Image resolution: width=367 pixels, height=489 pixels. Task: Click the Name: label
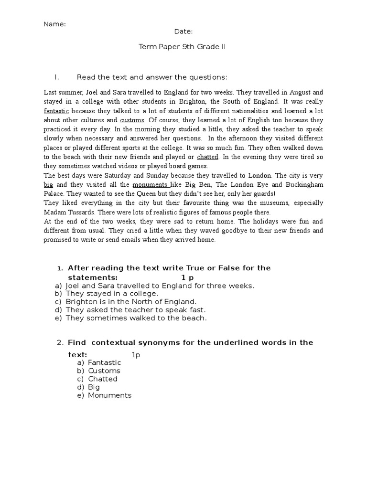[x=54, y=24]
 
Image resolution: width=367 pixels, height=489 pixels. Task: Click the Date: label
[x=183, y=32]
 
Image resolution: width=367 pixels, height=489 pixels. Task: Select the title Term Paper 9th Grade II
[x=182, y=47]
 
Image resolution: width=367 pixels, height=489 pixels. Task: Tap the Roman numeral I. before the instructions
[x=56, y=77]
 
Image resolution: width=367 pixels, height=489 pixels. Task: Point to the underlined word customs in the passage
[x=132, y=120]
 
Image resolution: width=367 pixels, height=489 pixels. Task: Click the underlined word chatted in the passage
[x=207, y=157]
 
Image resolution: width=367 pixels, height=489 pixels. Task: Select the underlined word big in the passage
[x=48, y=184]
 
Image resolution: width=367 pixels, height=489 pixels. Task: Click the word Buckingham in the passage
[x=301, y=184]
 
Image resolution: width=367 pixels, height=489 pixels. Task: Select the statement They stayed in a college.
[x=112, y=294]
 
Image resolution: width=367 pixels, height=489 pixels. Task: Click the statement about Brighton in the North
[x=131, y=302]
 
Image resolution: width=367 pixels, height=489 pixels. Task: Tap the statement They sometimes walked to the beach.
[x=136, y=318]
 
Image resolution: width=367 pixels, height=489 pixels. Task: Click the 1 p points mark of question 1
[x=187, y=277]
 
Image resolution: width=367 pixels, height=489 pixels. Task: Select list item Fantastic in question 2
[x=105, y=362]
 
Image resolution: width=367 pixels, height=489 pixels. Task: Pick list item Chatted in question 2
[x=103, y=379]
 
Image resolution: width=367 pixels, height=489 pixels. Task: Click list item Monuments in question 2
[x=109, y=395]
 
